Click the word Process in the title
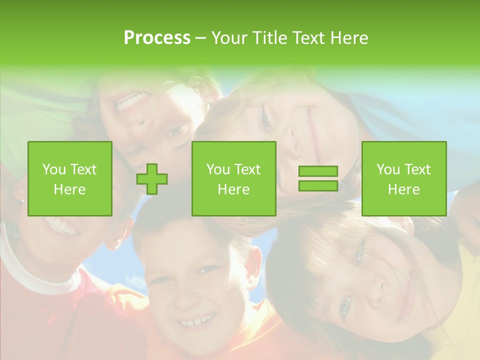pyautogui.click(x=157, y=38)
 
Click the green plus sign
pyautogui.click(x=152, y=179)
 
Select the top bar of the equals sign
pyautogui.click(x=318, y=171)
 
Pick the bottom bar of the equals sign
pyautogui.click(x=318, y=185)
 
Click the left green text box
pyautogui.click(x=70, y=179)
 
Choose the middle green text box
pyautogui.click(x=234, y=179)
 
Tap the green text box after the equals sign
pyautogui.click(x=404, y=179)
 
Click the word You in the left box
pyautogui.click(x=53, y=169)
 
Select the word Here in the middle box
pyautogui.click(x=234, y=189)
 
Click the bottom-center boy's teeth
pyautogui.click(x=198, y=319)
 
